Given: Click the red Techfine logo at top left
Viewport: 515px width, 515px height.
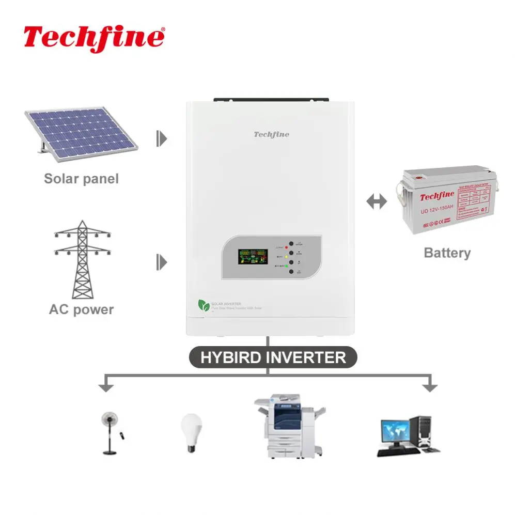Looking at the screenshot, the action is click(x=94, y=37).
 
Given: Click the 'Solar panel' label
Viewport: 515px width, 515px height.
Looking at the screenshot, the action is click(x=81, y=179).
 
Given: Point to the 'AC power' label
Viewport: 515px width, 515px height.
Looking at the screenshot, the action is click(x=81, y=309).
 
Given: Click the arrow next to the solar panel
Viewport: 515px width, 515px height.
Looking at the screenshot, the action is click(x=162, y=138).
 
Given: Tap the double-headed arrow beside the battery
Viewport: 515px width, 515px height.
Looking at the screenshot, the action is click(x=376, y=201).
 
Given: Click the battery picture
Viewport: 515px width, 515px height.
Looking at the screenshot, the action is click(x=447, y=199).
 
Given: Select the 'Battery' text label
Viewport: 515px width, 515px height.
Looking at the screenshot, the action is click(x=447, y=253).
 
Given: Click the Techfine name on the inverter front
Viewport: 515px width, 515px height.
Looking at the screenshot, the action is click(x=271, y=134).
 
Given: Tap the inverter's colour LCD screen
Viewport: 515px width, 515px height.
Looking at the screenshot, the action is click(x=253, y=256).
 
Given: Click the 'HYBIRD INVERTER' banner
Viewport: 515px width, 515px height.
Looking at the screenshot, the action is click(x=272, y=357).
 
